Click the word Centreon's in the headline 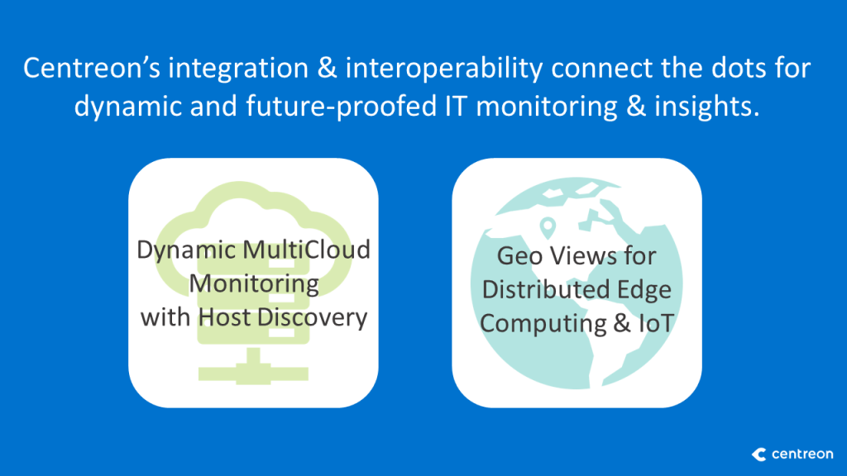click(x=92, y=69)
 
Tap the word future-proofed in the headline click(x=342, y=107)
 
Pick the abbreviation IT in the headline click(x=457, y=107)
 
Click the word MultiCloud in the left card click(x=306, y=250)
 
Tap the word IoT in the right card click(x=656, y=324)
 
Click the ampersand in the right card click(x=622, y=324)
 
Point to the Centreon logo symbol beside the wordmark click(x=759, y=455)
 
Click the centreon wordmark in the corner click(x=802, y=455)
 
